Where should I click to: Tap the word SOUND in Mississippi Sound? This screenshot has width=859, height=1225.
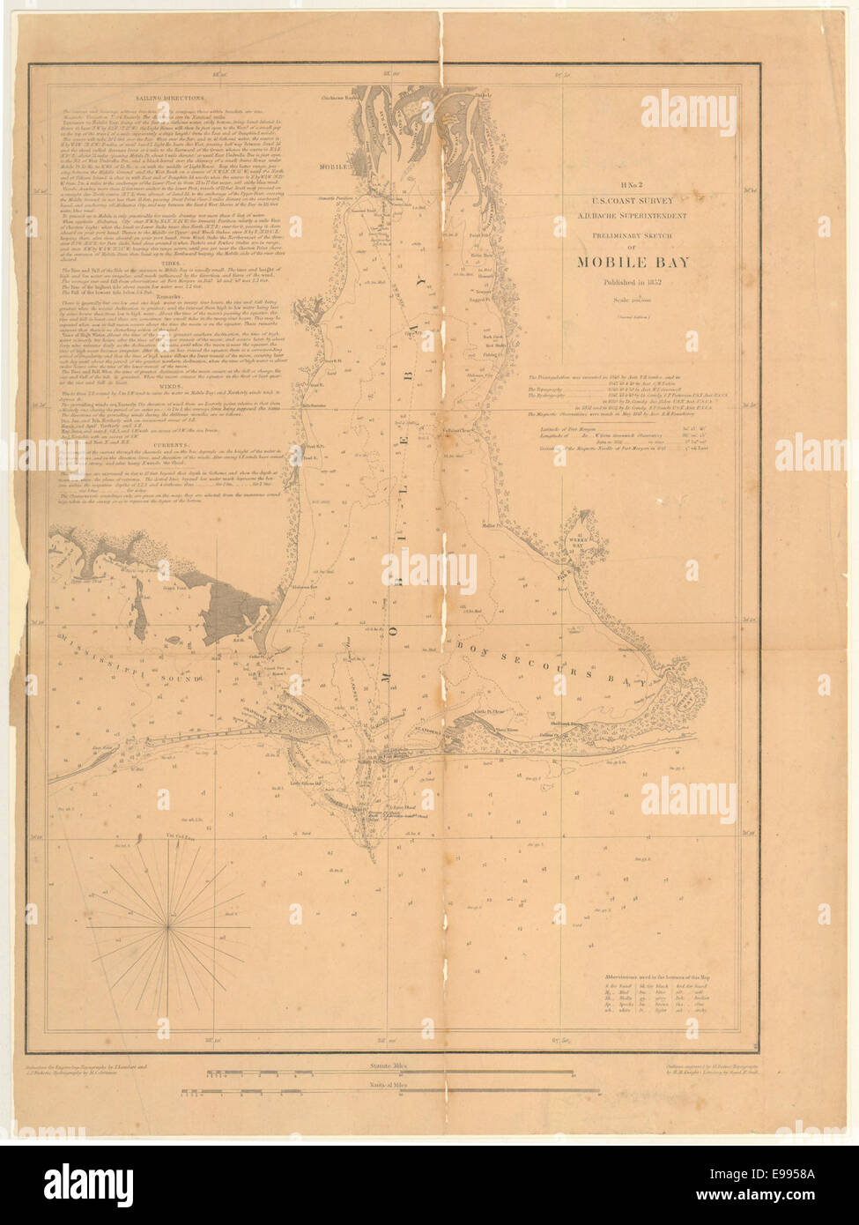click(x=176, y=677)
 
